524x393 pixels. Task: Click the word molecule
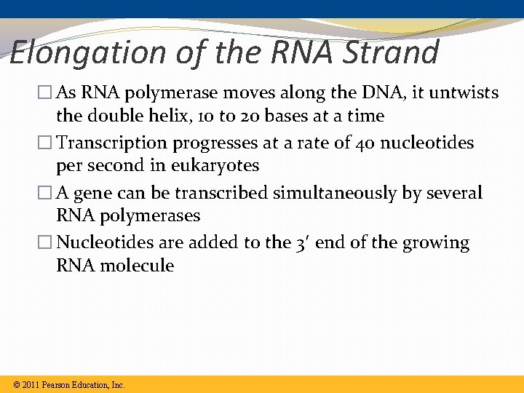138,266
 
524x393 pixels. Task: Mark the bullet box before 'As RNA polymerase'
45,93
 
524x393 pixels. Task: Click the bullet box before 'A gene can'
45,193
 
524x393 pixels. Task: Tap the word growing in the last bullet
439,242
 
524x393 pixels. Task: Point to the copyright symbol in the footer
17,384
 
